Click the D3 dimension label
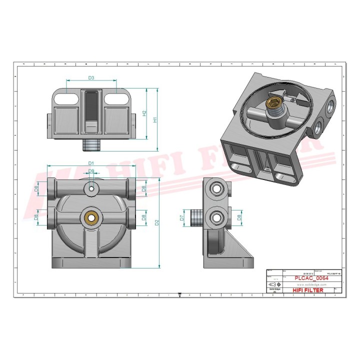click(x=91, y=78)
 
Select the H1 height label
click(x=155, y=120)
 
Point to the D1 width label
click(x=91, y=163)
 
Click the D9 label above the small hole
click(x=91, y=171)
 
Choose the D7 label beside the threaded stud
click(x=182, y=217)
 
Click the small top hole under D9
click(x=91, y=188)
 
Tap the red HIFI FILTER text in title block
click(x=307, y=290)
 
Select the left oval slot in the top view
click(x=66, y=98)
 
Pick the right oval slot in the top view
click(x=116, y=98)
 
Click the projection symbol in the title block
click(x=274, y=284)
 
